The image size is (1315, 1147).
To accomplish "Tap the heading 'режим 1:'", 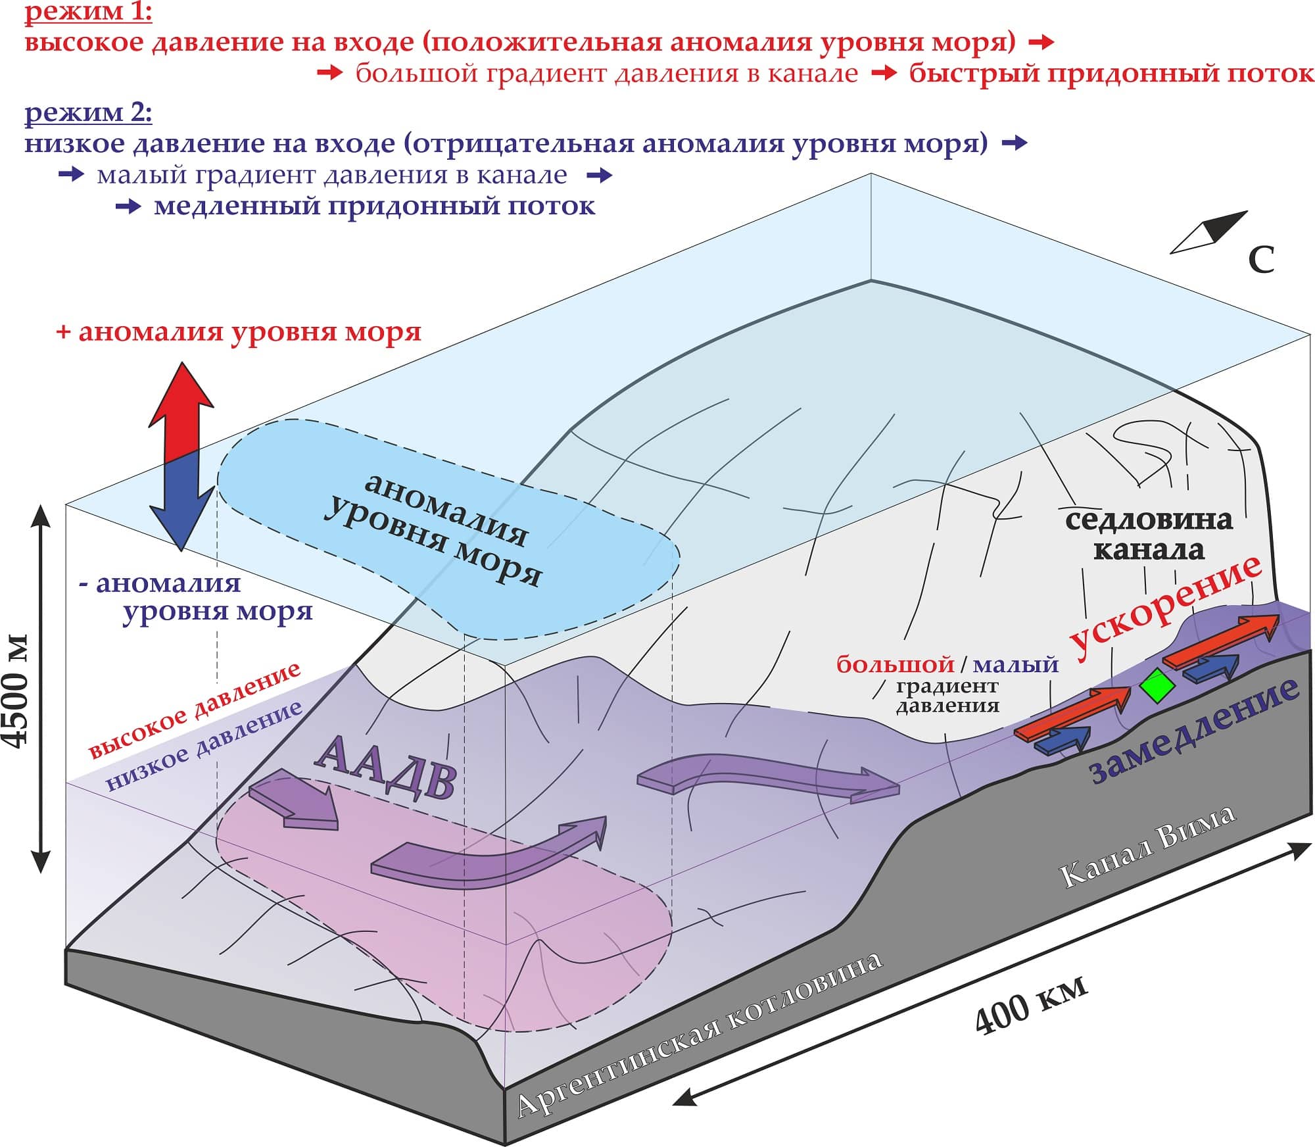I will click(x=88, y=12).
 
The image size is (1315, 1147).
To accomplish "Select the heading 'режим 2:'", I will click(x=88, y=113).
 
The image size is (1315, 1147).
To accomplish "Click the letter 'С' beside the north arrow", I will click(x=1261, y=260).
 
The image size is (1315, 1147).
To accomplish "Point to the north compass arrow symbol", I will click(x=1210, y=233).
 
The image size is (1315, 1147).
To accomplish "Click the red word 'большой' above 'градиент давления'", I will click(x=895, y=665).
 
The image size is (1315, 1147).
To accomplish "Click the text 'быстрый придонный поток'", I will click(x=1111, y=74).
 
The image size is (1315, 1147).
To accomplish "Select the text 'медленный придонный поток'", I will click(x=374, y=207).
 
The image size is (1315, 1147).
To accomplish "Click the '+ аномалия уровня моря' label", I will click(x=239, y=332).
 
